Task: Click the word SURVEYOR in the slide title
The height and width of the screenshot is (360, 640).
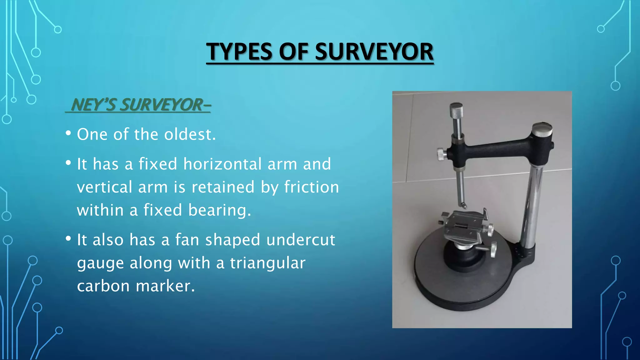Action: click(374, 52)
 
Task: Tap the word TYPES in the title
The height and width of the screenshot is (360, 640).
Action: click(239, 52)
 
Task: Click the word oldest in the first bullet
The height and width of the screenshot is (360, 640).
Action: click(190, 134)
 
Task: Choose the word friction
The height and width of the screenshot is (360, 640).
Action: click(312, 187)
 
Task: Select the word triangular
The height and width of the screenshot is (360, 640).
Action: click(267, 263)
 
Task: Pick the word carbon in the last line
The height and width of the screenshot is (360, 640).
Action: click(103, 286)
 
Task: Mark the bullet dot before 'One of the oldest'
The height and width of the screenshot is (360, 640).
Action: click(68, 133)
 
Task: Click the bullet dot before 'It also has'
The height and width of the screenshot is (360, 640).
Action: click(68, 239)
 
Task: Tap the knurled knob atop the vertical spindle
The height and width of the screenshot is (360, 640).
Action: click(456, 110)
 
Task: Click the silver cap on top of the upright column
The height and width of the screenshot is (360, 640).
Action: click(542, 130)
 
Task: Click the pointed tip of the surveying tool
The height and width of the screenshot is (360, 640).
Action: click(464, 206)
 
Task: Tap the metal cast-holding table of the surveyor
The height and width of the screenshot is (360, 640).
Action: click(462, 225)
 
